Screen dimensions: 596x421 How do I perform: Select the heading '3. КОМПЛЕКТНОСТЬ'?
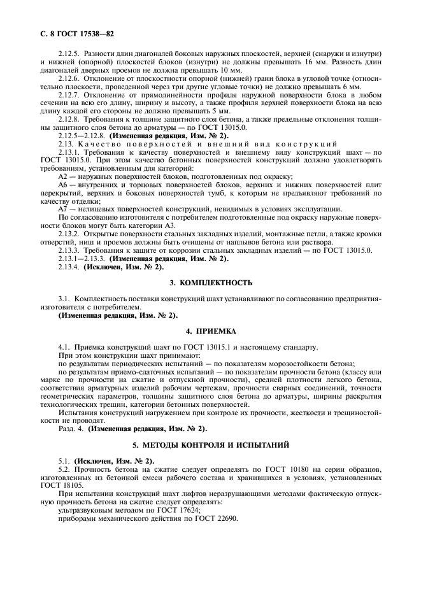[210, 281]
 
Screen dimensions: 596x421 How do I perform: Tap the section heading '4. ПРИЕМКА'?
[210, 331]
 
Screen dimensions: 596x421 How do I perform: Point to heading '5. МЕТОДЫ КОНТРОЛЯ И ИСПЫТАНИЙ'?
[210, 443]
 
